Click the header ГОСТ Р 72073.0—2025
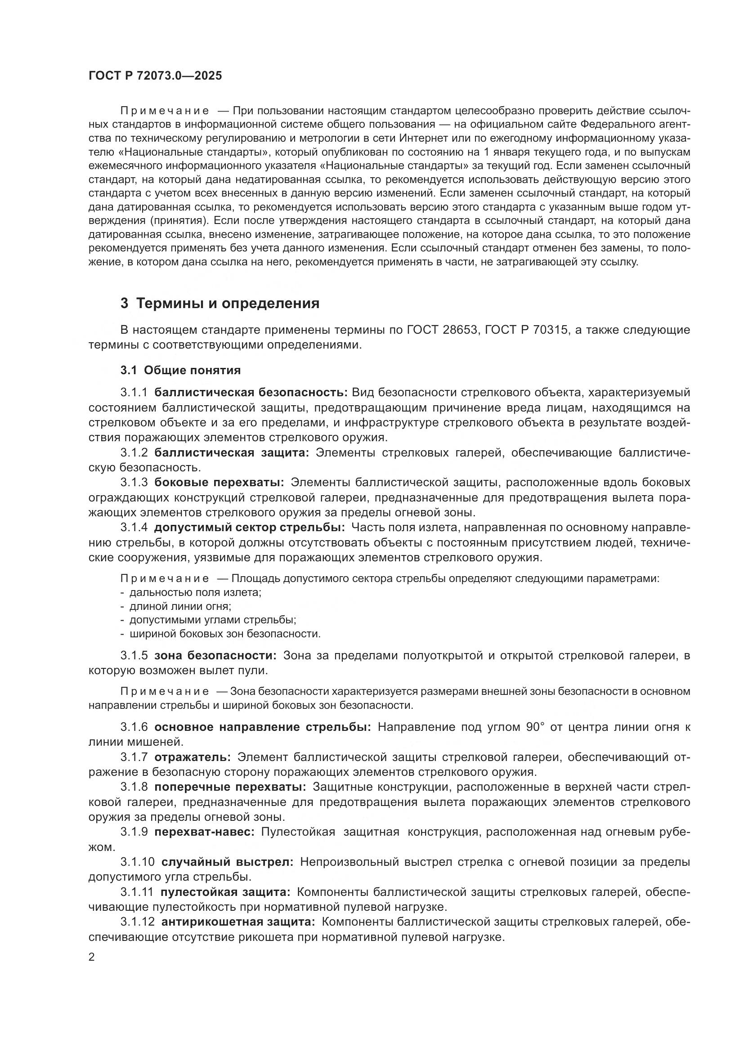click(x=155, y=76)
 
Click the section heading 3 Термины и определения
click(x=220, y=303)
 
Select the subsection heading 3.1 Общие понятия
click(x=180, y=370)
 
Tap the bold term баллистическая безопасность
click(x=251, y=392)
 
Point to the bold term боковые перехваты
click(x=219, y=483)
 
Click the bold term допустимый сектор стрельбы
click(x=250, y=528)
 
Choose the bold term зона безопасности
click(x=215, y=656)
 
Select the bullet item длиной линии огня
click(x=180, y=606)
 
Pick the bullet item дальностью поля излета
click(x=195, y=592)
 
